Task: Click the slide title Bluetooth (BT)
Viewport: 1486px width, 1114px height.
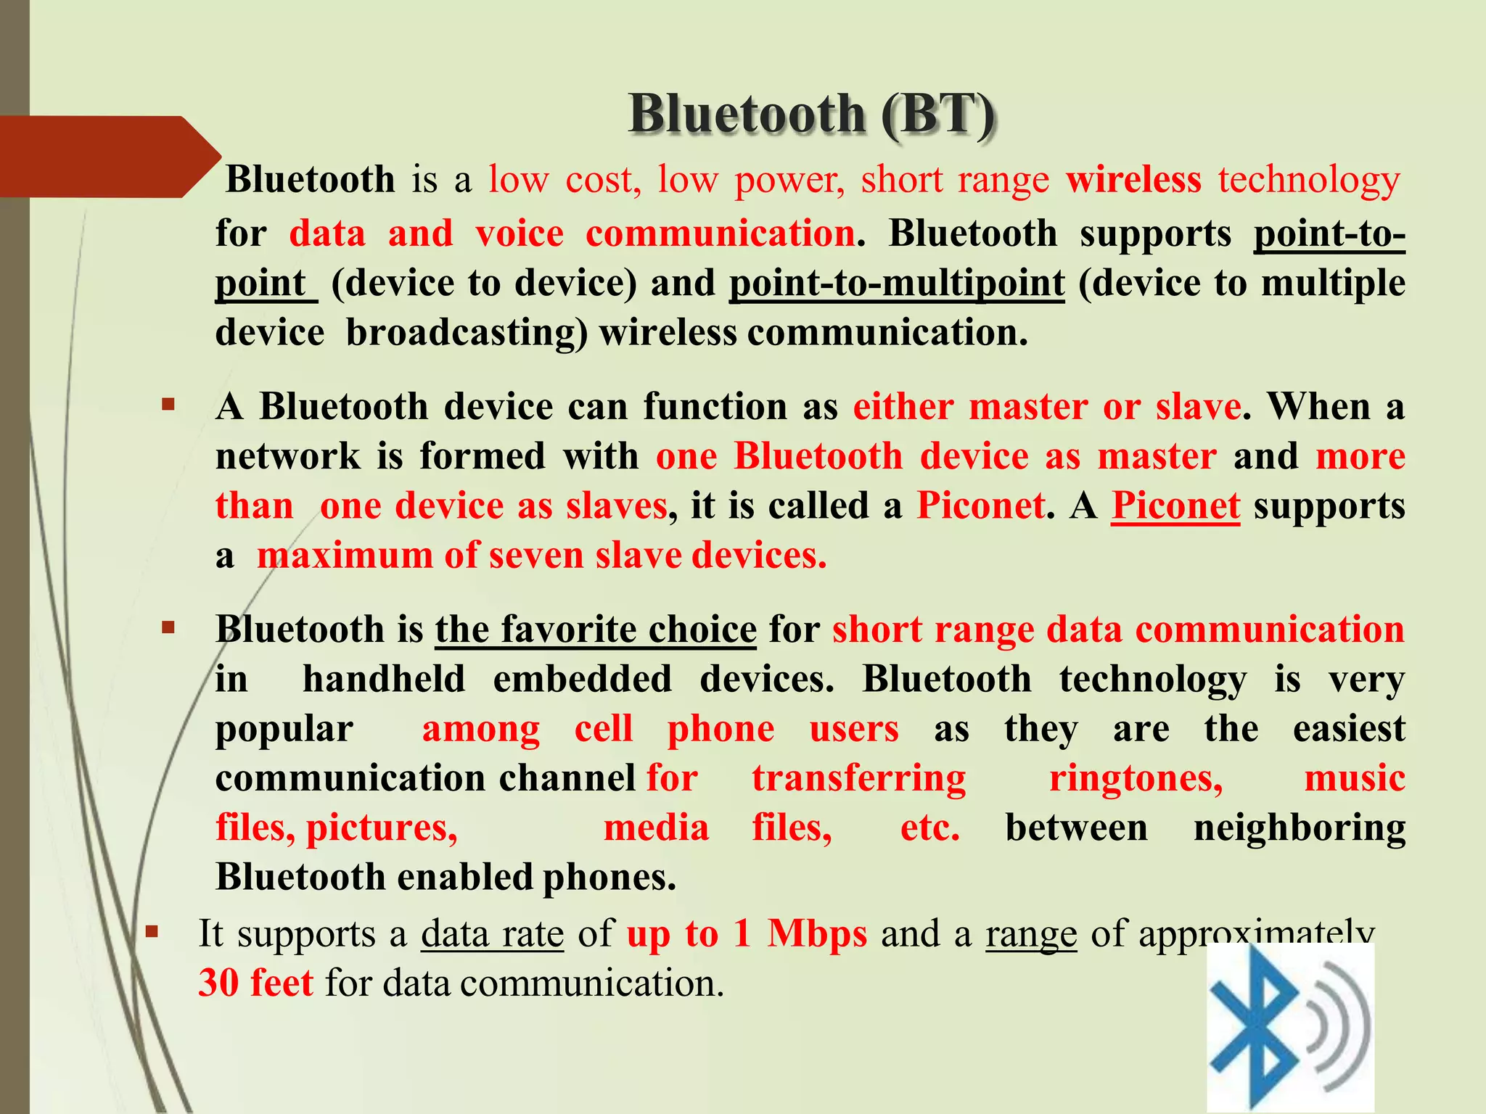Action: (811, 115)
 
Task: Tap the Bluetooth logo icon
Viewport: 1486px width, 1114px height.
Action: (1289, 1028)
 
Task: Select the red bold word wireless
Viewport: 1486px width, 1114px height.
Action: (1133, 180)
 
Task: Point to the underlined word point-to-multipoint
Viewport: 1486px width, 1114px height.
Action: (897, 284)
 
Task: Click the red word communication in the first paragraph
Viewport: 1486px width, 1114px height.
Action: (720, 234)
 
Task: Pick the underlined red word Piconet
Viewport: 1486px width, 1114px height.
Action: (1175, 506)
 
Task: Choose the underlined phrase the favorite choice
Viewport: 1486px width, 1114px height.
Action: (596, 630)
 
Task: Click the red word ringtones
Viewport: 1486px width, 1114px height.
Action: (1136, 779)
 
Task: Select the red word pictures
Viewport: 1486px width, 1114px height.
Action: (382, 828)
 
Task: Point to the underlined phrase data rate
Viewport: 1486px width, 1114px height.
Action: (492, 934)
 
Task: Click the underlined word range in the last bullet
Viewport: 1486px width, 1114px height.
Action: (1031, 934)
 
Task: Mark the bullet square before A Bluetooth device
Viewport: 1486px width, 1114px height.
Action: (169, 405)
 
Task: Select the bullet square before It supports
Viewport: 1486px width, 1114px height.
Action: (152, 931)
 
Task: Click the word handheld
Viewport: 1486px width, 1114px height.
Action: (384, 680)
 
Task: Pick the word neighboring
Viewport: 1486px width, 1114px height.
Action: (1300, 828)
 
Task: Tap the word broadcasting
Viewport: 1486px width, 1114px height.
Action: (466, 333)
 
